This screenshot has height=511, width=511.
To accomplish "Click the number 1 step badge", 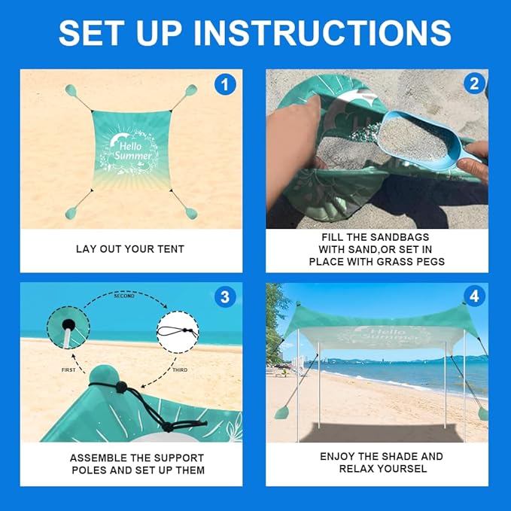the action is coord(225,85).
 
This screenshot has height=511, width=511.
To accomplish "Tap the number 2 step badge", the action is coord(474,84).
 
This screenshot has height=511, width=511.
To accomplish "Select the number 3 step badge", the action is coord(225,297).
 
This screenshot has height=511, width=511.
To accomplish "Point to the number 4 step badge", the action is coord(474,296).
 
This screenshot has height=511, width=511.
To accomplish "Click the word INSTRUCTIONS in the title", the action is coord(322,32).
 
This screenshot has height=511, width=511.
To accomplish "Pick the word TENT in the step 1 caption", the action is coord(171,249).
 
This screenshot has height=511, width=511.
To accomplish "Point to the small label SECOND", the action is coord(124,296).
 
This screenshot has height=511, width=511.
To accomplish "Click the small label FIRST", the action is coord(68,370).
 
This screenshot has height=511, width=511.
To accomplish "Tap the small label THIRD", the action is coord(180,370).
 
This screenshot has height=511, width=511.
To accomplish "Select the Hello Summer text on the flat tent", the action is coord(132,151).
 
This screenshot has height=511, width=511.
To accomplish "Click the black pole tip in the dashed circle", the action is coord(68,324).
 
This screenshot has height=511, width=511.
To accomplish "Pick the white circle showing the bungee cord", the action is coord(178,332).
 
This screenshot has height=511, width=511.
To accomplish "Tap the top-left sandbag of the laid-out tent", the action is coord(71,90).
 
